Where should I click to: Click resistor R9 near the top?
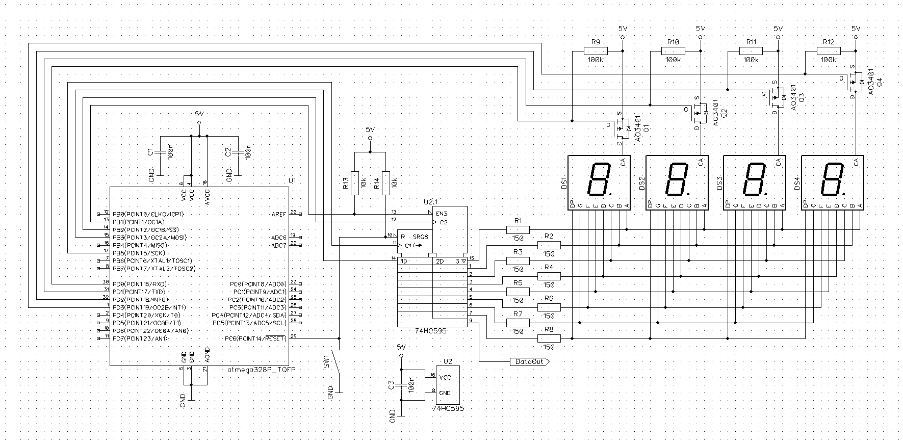point(596,50)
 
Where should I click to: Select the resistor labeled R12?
point(829,50)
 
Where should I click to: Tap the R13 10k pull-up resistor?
point(355,182)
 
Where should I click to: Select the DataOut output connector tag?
point(529,361)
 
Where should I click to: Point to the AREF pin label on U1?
point(279,215)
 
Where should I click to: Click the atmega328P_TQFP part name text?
point(261,369)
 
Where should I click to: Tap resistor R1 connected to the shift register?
point(518,230)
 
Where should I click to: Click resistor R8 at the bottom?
point(549,338)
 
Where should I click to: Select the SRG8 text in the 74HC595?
point(421,237)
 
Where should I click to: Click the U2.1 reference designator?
point(431,202)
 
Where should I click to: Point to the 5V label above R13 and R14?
point(370,129)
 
